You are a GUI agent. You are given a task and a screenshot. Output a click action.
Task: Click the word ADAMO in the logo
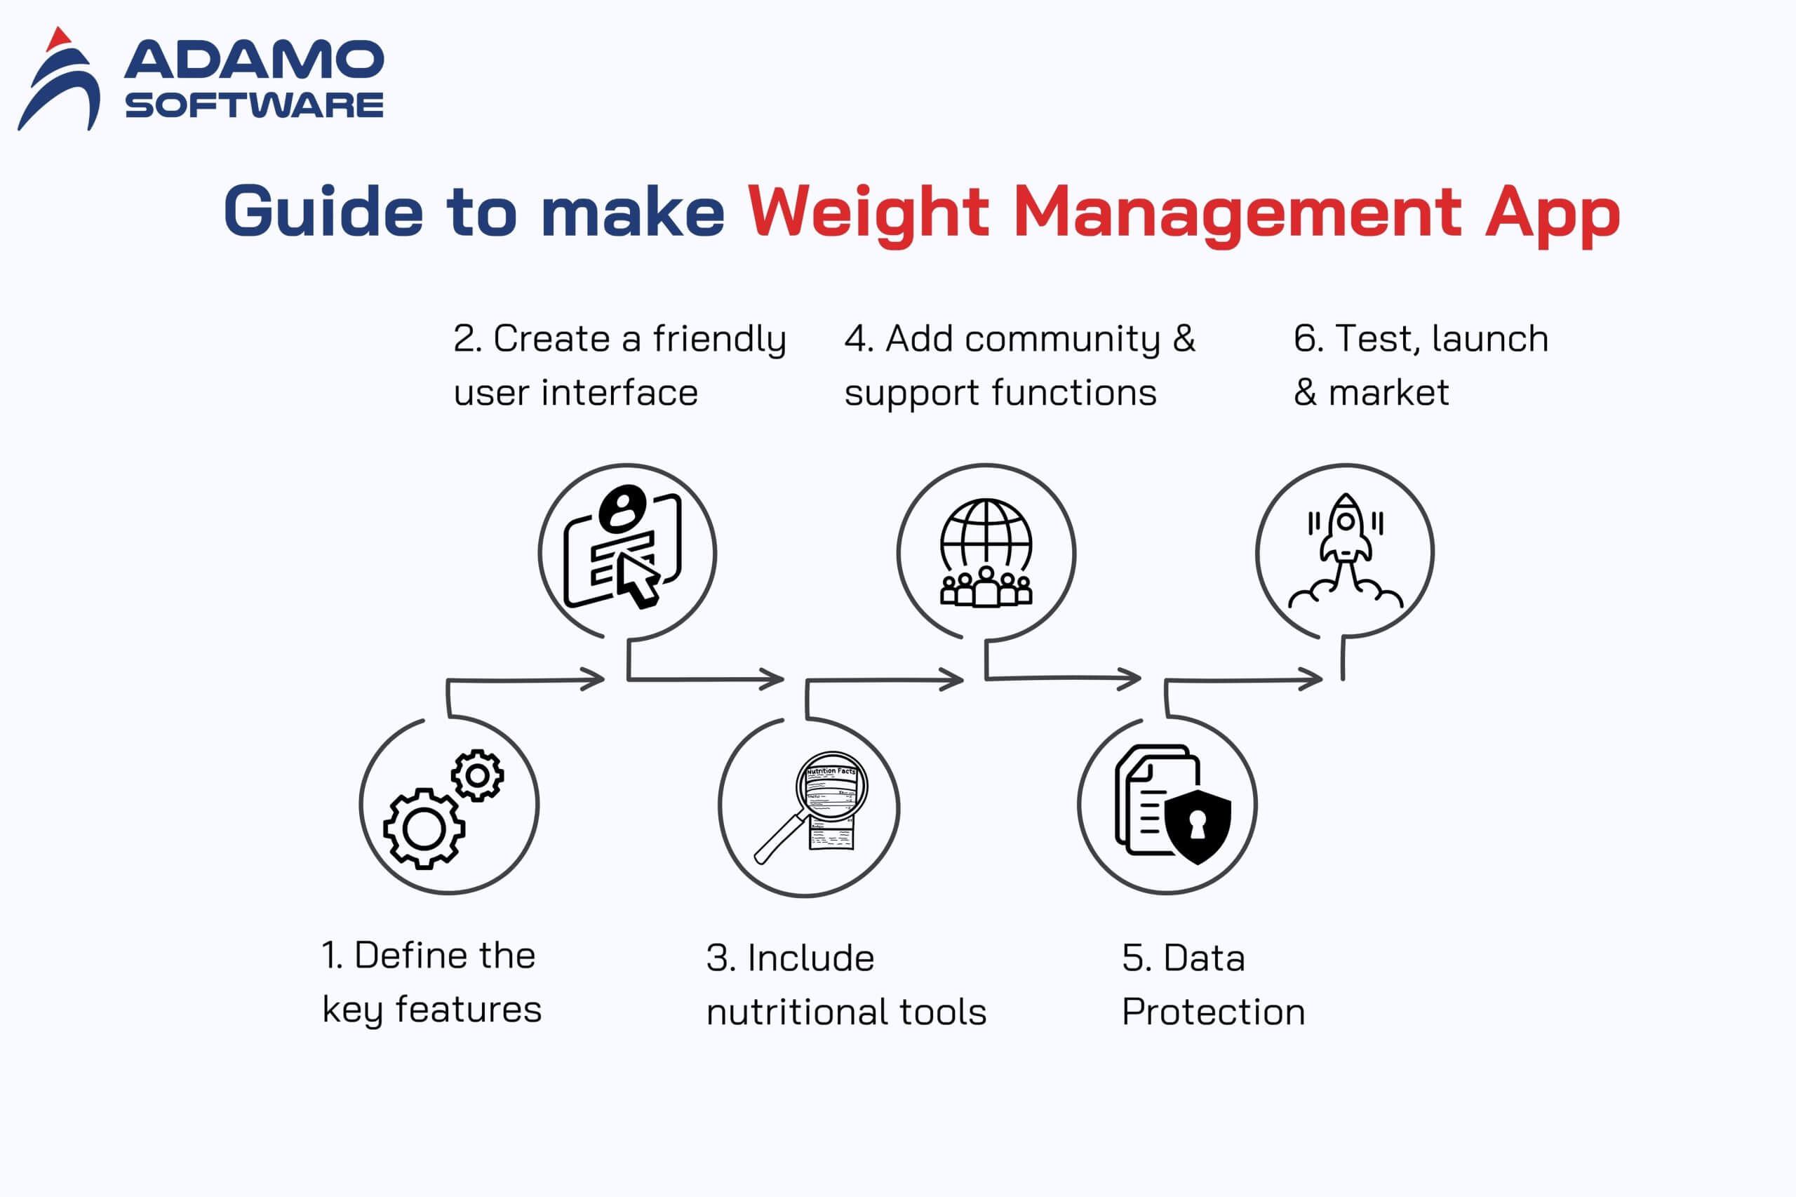pos(254,60)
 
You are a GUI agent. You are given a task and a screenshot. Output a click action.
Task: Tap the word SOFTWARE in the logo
pos(254,105)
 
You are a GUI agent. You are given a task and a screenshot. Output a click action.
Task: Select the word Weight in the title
pos(869,214)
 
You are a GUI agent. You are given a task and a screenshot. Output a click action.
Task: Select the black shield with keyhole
pos(1198,826)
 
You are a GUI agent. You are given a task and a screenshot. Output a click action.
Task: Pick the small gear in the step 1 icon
pos(477,775)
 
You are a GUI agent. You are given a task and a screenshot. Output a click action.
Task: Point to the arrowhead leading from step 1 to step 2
pos(593,678)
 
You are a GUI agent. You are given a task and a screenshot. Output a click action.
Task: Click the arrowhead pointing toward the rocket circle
pos(1311,678)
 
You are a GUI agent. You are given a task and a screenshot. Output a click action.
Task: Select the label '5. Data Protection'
pos(1214,985)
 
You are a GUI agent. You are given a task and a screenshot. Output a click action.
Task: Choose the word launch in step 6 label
pos(1490,338)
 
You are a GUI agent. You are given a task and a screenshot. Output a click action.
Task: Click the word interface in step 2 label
pos(619,392)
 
